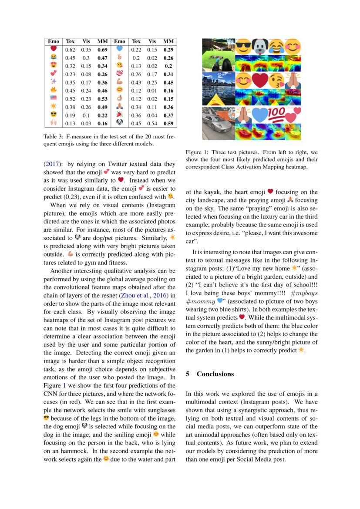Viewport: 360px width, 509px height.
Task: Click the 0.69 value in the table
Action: coord(102,50)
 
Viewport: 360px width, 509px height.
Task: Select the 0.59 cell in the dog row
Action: coord(168,123)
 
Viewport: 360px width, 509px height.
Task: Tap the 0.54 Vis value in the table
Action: coord(152,123)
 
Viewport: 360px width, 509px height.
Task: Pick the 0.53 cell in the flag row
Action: coord(102,99)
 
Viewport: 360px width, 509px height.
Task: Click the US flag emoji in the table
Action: coord(54,99)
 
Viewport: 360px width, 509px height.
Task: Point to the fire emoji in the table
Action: coord(54,91)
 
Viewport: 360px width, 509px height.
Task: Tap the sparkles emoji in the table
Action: coord(54,82)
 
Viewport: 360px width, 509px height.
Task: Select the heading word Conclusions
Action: coord(215,374)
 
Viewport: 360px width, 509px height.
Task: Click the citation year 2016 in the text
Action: coord(164,296)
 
